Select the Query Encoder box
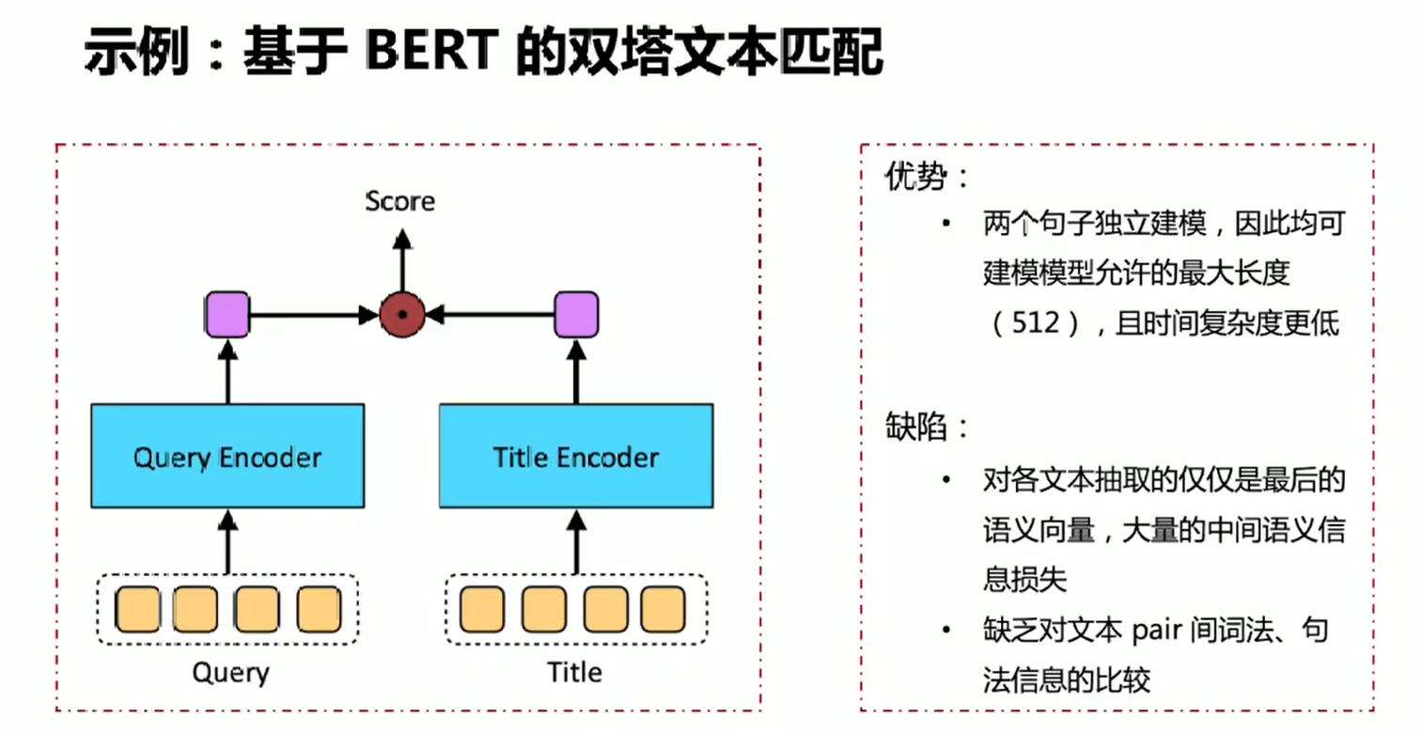227,458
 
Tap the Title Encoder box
575,458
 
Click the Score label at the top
400,201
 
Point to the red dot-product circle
402,314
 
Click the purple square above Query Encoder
227,314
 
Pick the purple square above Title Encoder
575,314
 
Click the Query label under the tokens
230,673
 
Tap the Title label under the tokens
574,673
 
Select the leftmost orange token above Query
137,609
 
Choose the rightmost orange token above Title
664,609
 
